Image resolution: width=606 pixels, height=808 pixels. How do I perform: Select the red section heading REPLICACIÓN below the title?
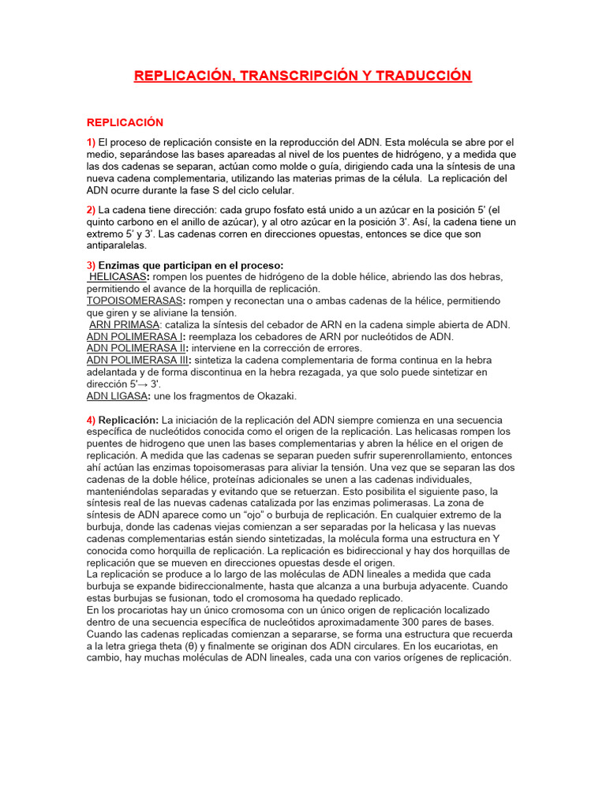(x=125, y=122)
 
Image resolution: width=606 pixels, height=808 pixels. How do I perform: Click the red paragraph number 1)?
(x=91, y=141)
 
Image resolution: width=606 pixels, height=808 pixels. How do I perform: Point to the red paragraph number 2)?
(x=91, y=210)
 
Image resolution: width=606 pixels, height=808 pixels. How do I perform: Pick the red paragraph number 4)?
(x=91, y=420)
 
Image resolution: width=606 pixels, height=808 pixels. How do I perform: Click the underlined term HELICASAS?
(x=118, y=277)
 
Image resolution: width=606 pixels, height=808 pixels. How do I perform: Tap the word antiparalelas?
(x=117, y=245)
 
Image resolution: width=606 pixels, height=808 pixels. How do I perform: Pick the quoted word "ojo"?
(x=243, y=514)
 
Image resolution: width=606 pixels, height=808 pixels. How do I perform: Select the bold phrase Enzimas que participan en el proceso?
(x=190, y=265)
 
